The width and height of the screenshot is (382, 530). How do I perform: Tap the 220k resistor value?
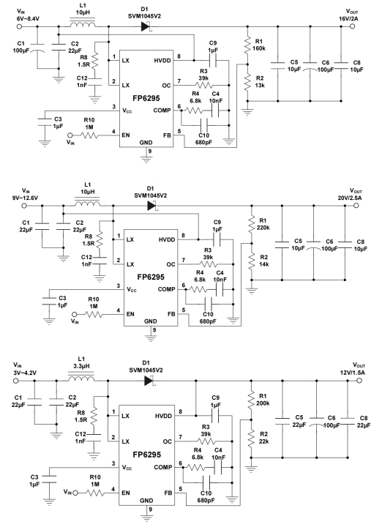(264, 228)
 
